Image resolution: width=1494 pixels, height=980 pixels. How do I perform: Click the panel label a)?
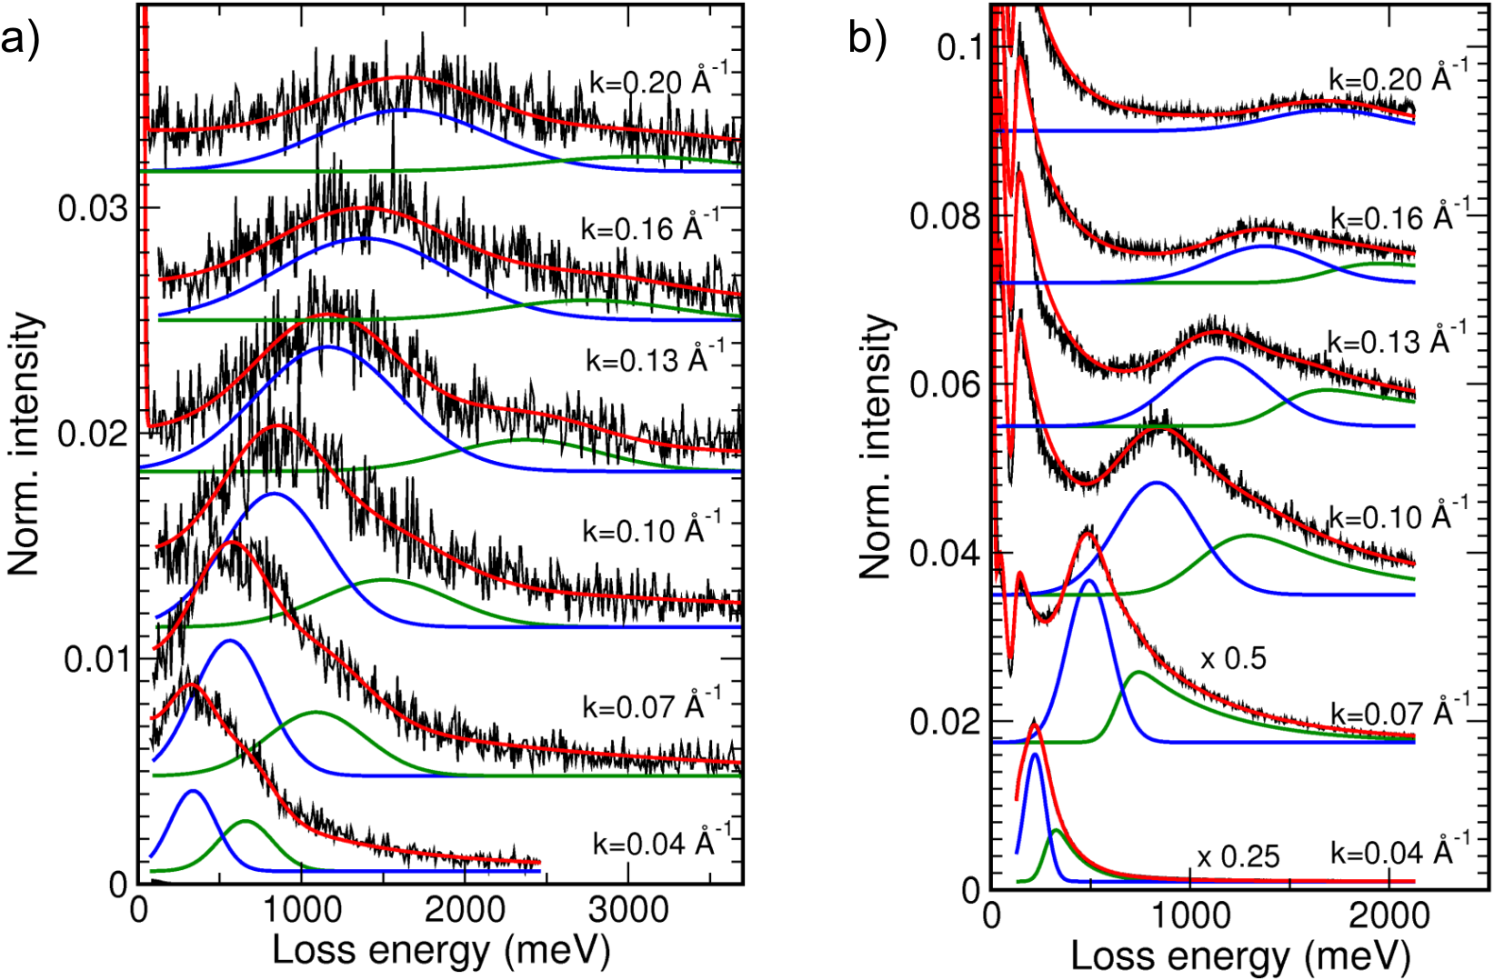coord(20,42)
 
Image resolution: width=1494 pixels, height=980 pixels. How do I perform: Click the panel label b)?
coord(867,42)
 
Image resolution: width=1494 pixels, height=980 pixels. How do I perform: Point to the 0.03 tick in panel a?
coord(91,209)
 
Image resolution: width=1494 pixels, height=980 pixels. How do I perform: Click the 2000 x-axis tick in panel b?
coord(1389,915)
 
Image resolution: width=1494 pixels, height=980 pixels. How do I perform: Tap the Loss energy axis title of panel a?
coord(441,951)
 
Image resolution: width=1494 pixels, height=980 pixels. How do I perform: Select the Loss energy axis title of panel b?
coord(1240,956)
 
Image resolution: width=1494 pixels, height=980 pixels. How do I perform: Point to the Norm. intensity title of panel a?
coord(25,444)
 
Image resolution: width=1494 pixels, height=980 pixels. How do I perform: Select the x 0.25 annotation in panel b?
coord(1238,856)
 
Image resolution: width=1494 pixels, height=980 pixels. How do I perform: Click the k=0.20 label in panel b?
coord(1398,76)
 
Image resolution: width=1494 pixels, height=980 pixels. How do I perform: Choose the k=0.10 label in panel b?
coord(1398,515)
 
